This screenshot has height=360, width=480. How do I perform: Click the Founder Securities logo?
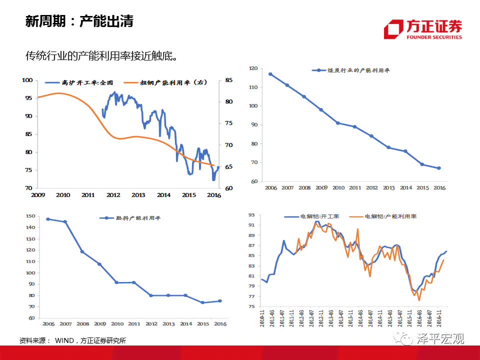click(423, 29)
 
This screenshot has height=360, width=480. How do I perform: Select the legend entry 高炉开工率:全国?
click(80, 82)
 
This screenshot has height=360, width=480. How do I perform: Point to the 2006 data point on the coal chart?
click(270, 74)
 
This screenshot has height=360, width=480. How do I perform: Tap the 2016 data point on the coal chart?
click(439, 168)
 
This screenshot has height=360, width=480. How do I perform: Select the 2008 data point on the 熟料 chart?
click(82, 251)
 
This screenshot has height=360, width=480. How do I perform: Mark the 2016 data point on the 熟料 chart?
click(219, 301)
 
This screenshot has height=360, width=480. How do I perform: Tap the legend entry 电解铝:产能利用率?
click(385, 216)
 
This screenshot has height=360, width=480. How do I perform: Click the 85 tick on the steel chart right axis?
click(229, 80)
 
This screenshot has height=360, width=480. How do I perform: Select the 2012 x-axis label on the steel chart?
click(113, 195)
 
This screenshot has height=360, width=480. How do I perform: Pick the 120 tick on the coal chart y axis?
click(253, 68)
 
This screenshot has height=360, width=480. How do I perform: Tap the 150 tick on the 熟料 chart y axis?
click(29, 216)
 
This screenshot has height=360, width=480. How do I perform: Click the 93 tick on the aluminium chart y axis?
click(251, 215)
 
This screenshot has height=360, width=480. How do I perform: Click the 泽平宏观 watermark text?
click(440, 339)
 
